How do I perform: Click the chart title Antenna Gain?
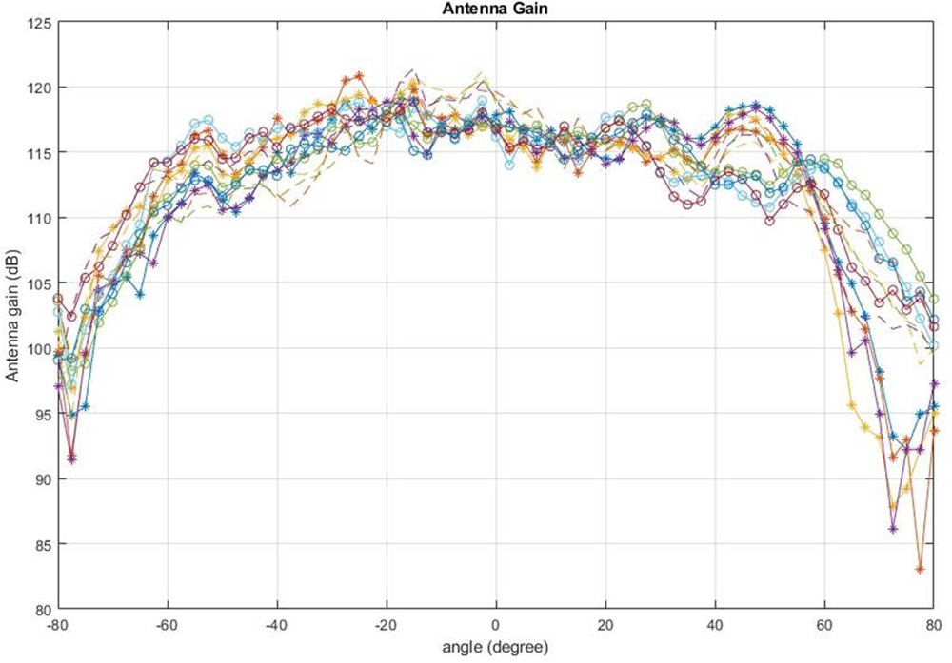click(494, 10)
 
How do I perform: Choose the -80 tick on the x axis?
click(57, 626)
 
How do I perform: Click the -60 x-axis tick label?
click(167, 626)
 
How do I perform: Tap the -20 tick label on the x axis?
click(386, 626)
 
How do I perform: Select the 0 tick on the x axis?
click(495, 626)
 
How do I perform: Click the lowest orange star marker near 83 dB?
click(920, 569)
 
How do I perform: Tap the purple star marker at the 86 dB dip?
click(893, 528)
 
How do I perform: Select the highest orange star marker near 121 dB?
click(359, 75)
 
